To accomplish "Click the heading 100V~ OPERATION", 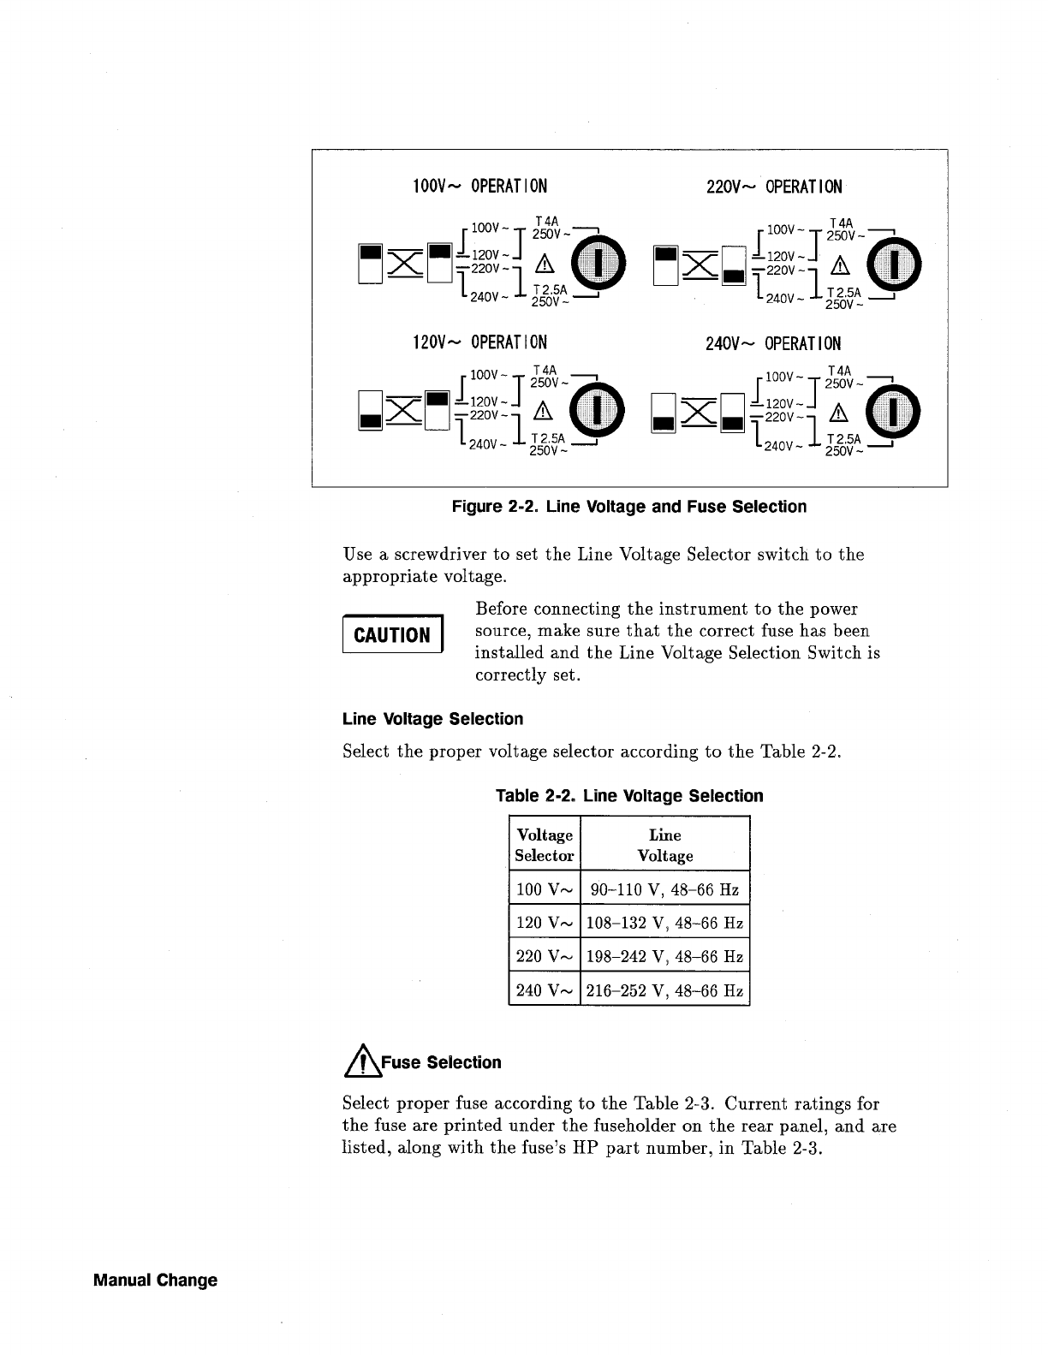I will pyautogui.click(x=479, y=187).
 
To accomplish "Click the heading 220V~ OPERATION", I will pyautogui.click(x=774, y=187).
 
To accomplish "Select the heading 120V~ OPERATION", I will pyautogui.click(x=479, y=343).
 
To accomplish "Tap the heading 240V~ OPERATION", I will pyautogui.click(x=773, y=343).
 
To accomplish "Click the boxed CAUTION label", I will pyautogui.click(x=392, y=635).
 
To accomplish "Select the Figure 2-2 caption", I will pyautogui.click(x=628, y=507).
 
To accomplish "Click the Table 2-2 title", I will pyautogui.click(x=629, y=796).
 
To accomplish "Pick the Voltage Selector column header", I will pyautogui.click(x=545, y=845).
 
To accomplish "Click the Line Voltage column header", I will pyautogui.click(x=665, y=845).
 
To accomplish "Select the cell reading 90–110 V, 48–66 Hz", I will pyautogui.click(x=665, y=888).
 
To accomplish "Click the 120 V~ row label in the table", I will pyautogui.click(x=545, y=923).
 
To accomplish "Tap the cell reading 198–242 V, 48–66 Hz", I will pyautogui.click(x=665, y=956).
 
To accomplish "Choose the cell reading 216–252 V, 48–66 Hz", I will pyautogui.click(x=665, y=990).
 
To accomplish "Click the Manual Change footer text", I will pyautogui.click(x=155, y=1281).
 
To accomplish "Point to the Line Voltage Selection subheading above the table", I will pyautogui.click(x=432, y=719).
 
